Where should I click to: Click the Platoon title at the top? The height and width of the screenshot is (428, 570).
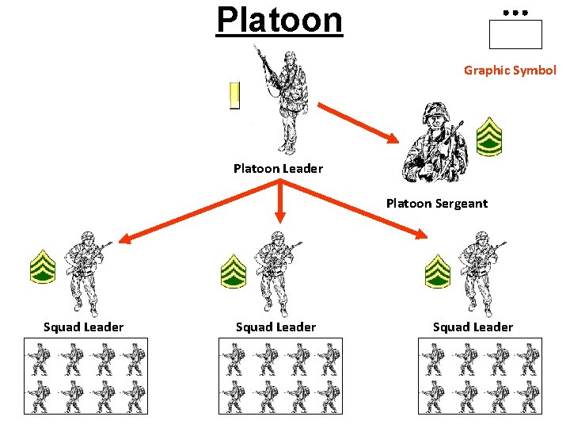click(279, 20)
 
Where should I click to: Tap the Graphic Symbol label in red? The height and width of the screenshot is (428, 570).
click(510, 70)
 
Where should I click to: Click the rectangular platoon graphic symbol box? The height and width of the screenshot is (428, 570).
click(515, 35)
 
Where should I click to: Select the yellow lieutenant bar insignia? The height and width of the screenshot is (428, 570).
click(234, 95)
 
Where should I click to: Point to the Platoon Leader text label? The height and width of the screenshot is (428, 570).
click(278, 168)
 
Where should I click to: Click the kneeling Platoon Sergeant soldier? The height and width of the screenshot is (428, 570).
click(432, 142)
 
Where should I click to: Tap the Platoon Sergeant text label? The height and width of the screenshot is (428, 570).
click(436, 203)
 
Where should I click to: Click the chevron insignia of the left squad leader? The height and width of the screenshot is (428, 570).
click(42, 267)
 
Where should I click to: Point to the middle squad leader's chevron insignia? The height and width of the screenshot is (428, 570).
click(233, 270)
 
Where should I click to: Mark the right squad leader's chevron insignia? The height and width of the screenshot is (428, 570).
click(438, 270)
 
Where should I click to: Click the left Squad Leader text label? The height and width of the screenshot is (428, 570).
click(83, 327)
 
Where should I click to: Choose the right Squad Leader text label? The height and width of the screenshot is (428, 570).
click(473, 327)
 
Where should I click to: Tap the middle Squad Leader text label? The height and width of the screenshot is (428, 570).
click(275, 327)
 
